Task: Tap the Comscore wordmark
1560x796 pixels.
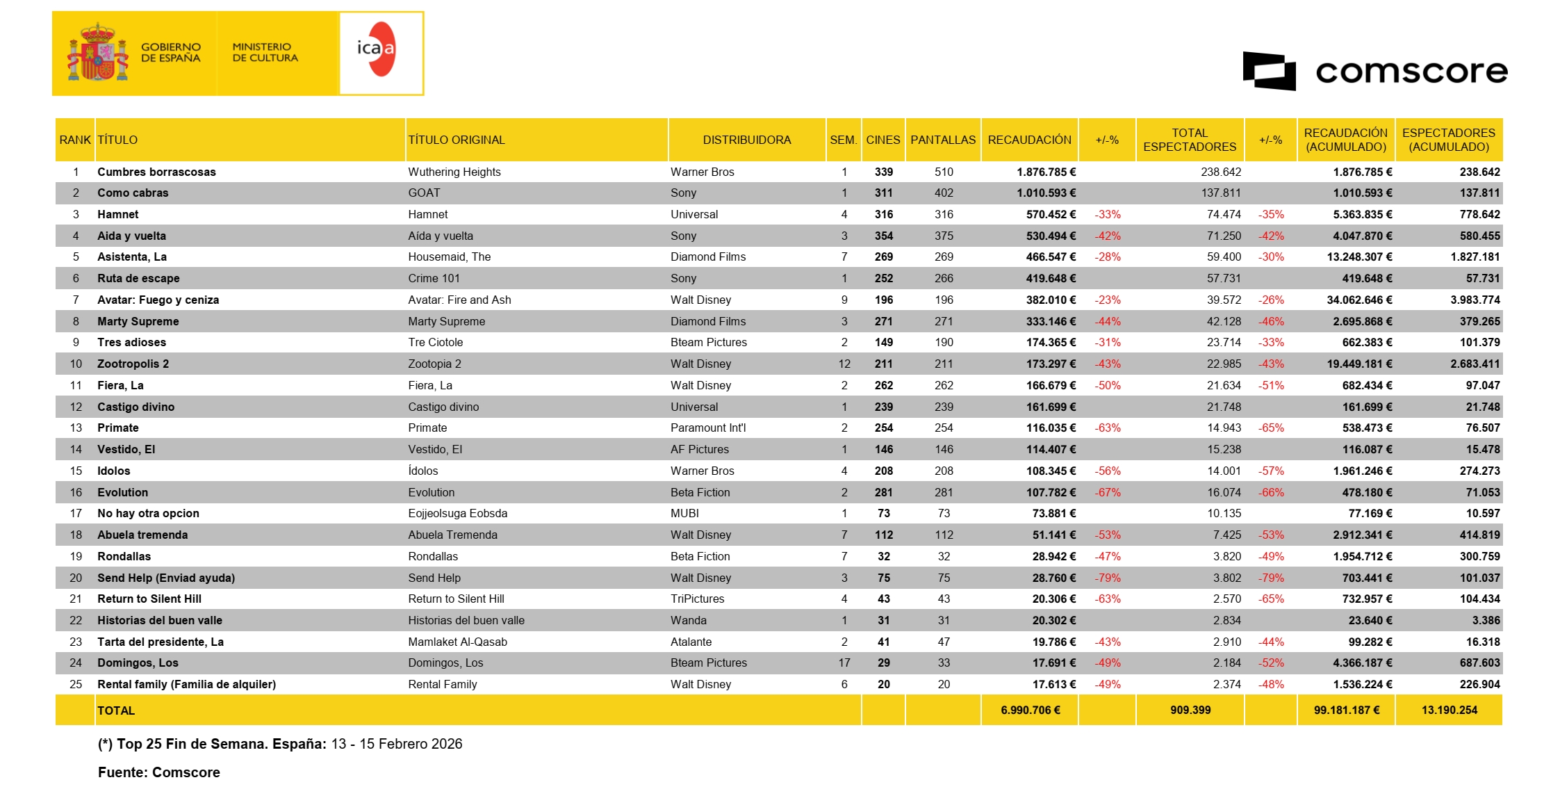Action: (1411, 72)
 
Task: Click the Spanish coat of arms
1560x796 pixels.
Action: (98, 53)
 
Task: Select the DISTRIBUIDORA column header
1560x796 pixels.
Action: (746, 140)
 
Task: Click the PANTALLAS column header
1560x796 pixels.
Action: (943, 140)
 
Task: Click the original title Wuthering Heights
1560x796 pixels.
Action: (454, 172)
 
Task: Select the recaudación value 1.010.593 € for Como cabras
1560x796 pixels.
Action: (1046, 193)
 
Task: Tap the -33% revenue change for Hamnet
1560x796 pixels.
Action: (1108, 214)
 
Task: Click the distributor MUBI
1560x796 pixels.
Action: (684, 513)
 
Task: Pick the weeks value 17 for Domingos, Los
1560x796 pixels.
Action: (844, 663)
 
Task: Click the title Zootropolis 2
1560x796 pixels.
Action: (133, 364)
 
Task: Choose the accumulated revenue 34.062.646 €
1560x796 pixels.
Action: (1359, 300)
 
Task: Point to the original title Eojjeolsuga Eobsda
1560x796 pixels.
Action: (457, 513)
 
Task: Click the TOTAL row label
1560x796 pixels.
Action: (116, 710)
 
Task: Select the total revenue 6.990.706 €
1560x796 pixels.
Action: (1030, 710)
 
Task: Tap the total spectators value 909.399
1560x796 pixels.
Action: (1190, 710)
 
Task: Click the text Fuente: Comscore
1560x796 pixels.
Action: (158, 772)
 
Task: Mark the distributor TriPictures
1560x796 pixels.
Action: (697, 599)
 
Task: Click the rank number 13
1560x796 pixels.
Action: (76, 428)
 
